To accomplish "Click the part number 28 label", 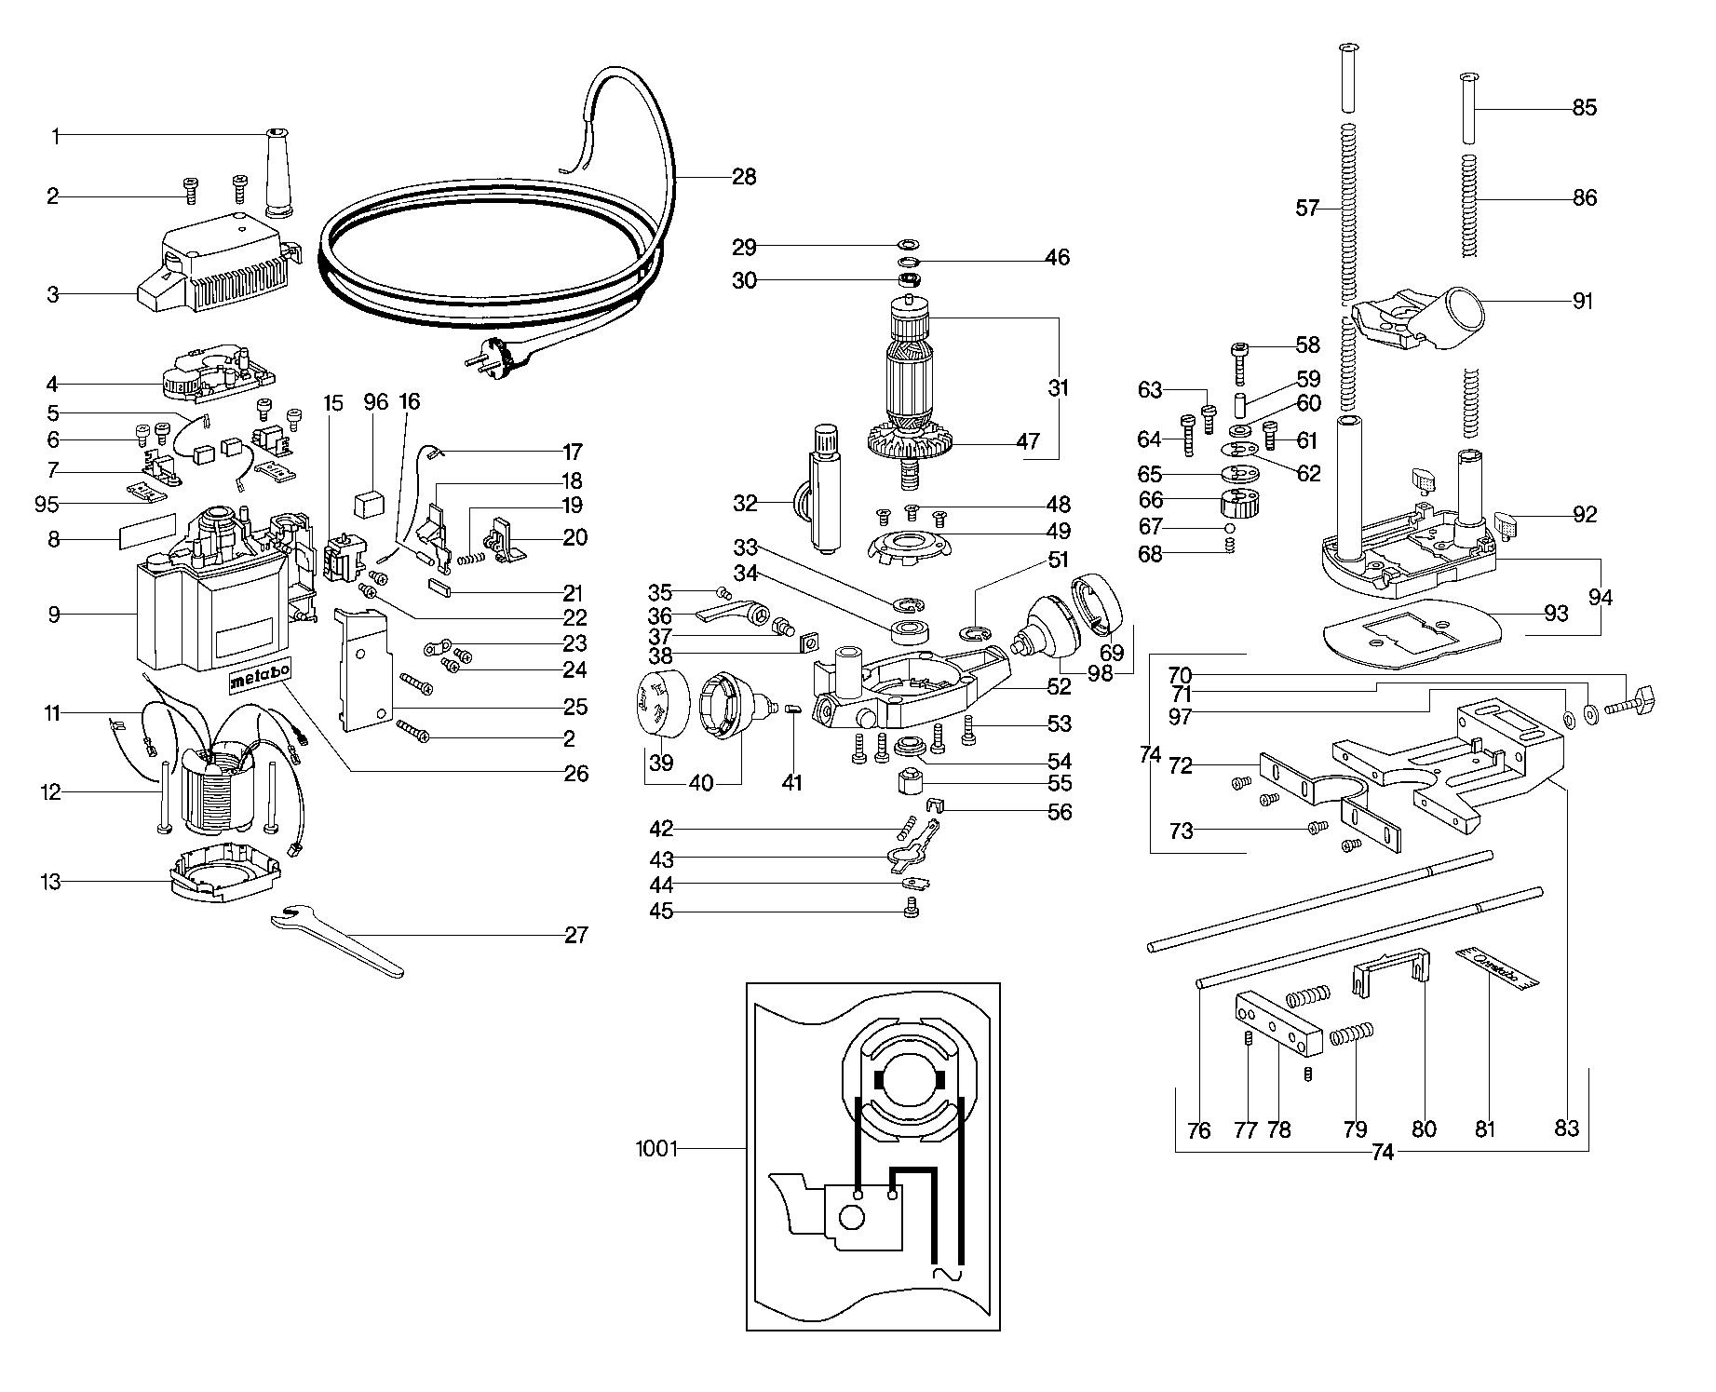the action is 743,176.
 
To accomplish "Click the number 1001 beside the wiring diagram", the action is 657,1149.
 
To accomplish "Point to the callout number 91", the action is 1583,301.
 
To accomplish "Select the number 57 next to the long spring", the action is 1308,208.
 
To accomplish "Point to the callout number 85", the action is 1584,108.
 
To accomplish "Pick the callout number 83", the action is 1566,1128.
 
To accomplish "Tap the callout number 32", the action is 745,505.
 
